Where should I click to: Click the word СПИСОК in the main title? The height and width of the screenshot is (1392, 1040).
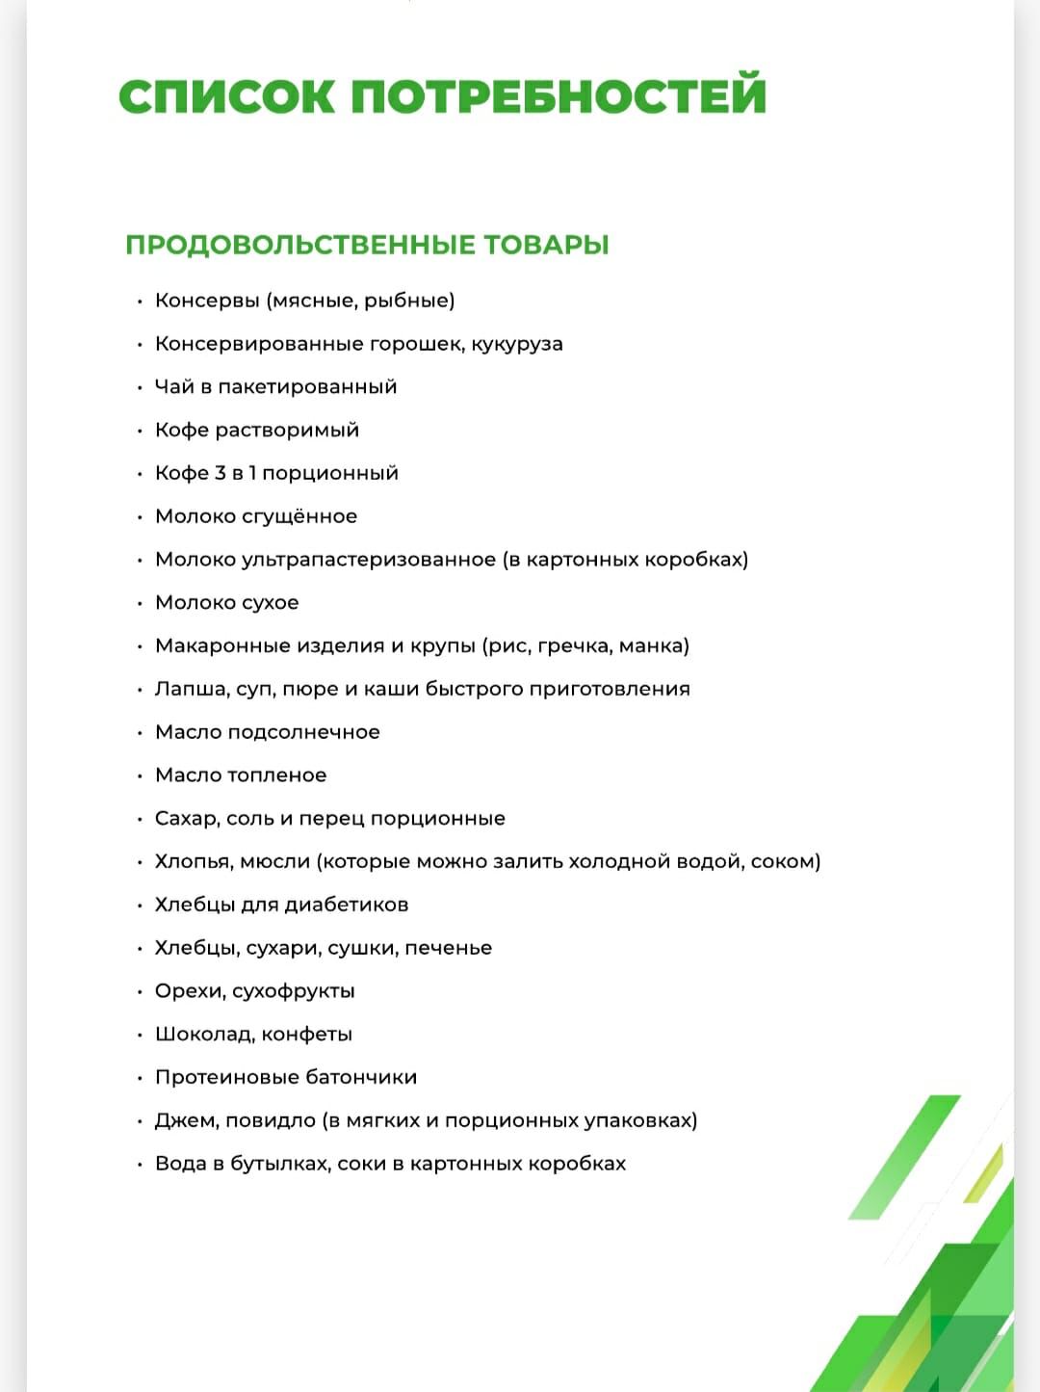point(227,96)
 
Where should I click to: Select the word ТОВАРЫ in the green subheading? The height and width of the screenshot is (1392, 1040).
point(546,245)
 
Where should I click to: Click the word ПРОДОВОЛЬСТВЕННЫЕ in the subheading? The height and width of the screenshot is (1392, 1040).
point(300,245)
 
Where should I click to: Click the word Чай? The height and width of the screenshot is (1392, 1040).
point(174,387)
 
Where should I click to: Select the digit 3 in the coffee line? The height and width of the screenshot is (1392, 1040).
point(221,473)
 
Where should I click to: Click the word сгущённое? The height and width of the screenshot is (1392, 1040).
point(299,516)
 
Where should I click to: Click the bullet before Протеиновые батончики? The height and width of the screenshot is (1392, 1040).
point(140,1078)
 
